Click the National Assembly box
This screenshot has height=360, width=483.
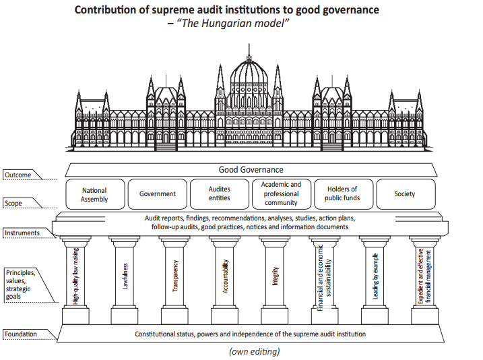tap(95, 194)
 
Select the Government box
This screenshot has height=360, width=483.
tap(158, 194)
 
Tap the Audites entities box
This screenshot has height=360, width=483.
tap(220, 194)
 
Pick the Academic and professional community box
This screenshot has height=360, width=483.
tap(281, 194)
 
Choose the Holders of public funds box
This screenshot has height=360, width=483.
tap(344, 194)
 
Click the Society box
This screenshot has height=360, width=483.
tap(406, 194)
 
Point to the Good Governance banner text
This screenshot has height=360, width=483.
tap(251, 169)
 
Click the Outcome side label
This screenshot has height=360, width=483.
tap(18, 175)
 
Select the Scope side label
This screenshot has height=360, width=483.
tap(13, 204)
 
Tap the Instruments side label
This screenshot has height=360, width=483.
tap(22, 233)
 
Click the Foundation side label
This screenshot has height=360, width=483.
tap(21, 334)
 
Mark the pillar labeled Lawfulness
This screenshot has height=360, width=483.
tap(125, 280)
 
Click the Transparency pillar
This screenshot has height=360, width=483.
tap(174, 280)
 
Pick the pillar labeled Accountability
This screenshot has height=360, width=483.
tap(224, 280)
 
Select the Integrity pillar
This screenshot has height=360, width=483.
tap(275, 280)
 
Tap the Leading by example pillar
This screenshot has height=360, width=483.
tap(375, 280)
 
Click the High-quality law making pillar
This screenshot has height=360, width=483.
tap(75, 280)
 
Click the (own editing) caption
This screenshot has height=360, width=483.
tap(255, 352)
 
